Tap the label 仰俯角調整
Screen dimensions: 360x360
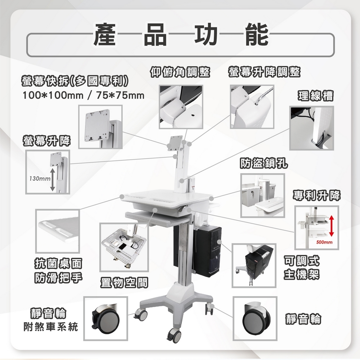(x=180, y=72)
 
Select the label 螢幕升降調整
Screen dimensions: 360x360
(x=264, y=72)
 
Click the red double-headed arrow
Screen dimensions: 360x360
(x=332, y=225)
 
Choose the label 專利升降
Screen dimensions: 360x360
(x=316, y=195)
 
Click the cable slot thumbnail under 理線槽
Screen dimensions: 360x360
(x=312, y=128)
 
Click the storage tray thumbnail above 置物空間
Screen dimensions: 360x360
(x=123, y=247)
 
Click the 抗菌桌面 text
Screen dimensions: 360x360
(x=58, y=263)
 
